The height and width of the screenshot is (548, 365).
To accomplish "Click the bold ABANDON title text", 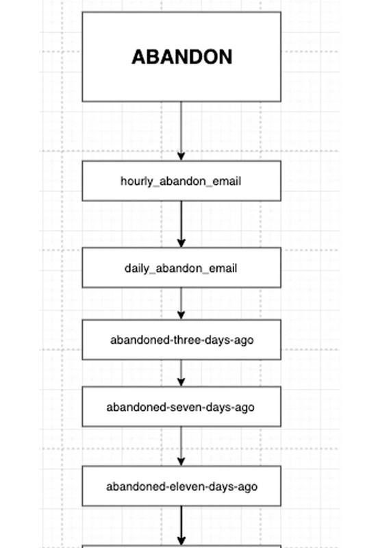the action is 181,57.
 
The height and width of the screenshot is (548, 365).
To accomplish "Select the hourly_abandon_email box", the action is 181,181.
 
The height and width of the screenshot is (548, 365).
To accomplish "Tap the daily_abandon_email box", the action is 181,268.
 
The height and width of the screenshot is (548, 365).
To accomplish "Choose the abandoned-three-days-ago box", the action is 181,340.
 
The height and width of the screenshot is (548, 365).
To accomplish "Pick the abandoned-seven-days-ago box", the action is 181,407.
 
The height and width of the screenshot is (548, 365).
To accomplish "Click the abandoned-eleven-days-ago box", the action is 181,486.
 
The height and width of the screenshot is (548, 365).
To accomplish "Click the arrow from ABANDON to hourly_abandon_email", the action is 181,131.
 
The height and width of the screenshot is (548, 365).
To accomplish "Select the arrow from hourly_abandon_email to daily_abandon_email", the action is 181,225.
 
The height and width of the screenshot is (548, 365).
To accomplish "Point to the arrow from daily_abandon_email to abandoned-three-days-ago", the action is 181,303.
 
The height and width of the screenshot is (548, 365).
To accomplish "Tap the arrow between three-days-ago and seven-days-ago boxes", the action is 181,373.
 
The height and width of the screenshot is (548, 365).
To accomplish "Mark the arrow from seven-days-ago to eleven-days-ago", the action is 181,447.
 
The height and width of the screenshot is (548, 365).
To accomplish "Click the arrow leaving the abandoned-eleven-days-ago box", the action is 181,525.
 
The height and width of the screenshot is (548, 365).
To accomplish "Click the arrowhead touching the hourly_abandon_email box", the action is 181,156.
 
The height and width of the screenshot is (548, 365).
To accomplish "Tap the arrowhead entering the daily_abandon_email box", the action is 181,243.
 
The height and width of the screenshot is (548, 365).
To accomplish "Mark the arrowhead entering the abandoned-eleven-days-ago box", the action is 181,462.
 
